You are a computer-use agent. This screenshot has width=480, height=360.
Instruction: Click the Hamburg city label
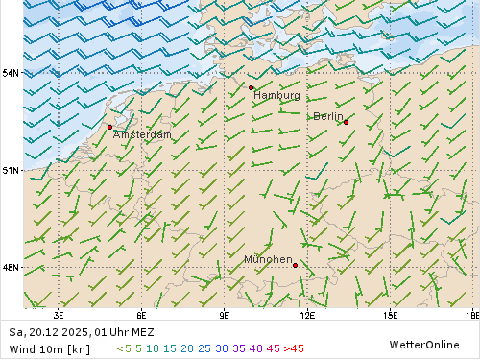276,96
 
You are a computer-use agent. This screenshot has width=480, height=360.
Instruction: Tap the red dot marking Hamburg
251,87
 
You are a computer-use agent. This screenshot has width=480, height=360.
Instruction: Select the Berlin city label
327,116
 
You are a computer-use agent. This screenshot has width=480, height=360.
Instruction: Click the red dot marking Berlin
346,122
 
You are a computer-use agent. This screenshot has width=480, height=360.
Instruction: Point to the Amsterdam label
142,135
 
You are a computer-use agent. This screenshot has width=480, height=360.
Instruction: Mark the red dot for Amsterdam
109,127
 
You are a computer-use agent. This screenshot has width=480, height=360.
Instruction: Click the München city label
268,260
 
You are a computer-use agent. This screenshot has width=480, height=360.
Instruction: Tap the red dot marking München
295,265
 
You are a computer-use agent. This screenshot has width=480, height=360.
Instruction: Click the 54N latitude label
10,73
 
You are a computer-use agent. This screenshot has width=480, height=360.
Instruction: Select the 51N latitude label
10,170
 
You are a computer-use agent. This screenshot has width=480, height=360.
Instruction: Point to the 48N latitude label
10,267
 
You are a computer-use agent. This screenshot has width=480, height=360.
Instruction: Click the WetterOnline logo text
423,344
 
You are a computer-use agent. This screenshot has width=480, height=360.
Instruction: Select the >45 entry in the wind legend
294,348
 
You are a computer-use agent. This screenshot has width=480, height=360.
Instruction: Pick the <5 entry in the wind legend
123,348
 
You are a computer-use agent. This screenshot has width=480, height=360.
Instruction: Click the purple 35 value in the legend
239,348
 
